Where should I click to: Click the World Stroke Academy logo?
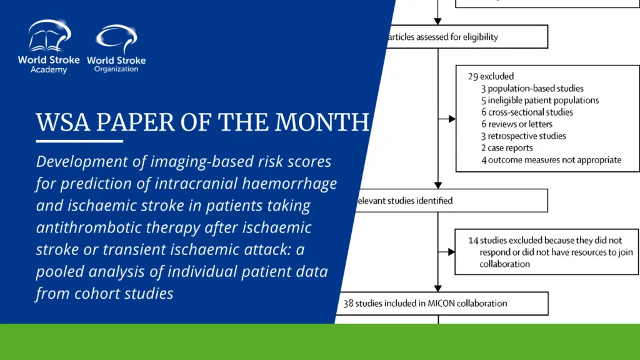pyautogui.click(x=49, y=46)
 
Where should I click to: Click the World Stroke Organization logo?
pyautogui.click(x=116, y=48)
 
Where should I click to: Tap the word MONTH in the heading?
pyautogui.click(x=322, y=122)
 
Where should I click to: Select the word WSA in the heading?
pyautogui.click(x=63, y=122)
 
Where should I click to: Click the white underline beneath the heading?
pyautogui.click(x=79, y=141)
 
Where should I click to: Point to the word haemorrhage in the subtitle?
pyautogui.click(x=289, y=184)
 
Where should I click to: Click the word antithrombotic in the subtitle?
pyautogui.click(x=89, y=227)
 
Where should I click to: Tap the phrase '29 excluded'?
pyautogui.click(x=491, y=76)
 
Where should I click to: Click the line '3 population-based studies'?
pyautogui.click(x=532, y=89)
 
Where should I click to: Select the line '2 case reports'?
pyautogui.click(x=507, y=147)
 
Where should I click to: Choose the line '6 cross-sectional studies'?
pyautogui.click(x=527, y=112)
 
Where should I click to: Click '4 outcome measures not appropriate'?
pyautogui.click(x=551, y=160)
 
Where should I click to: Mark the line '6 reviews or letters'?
pyautogui.click(x=517, y=124)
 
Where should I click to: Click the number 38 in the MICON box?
pyautogui.click(x=348, y=304)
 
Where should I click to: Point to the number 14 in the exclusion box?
pyautogui.click(x=473, y=241)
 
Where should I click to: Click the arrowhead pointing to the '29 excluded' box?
pyautogui.click(x=452, y=119)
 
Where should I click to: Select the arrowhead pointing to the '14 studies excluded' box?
pyautogui.click(x=451, y=252)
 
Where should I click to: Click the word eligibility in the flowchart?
pyautogui.click(x=480, y=37)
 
